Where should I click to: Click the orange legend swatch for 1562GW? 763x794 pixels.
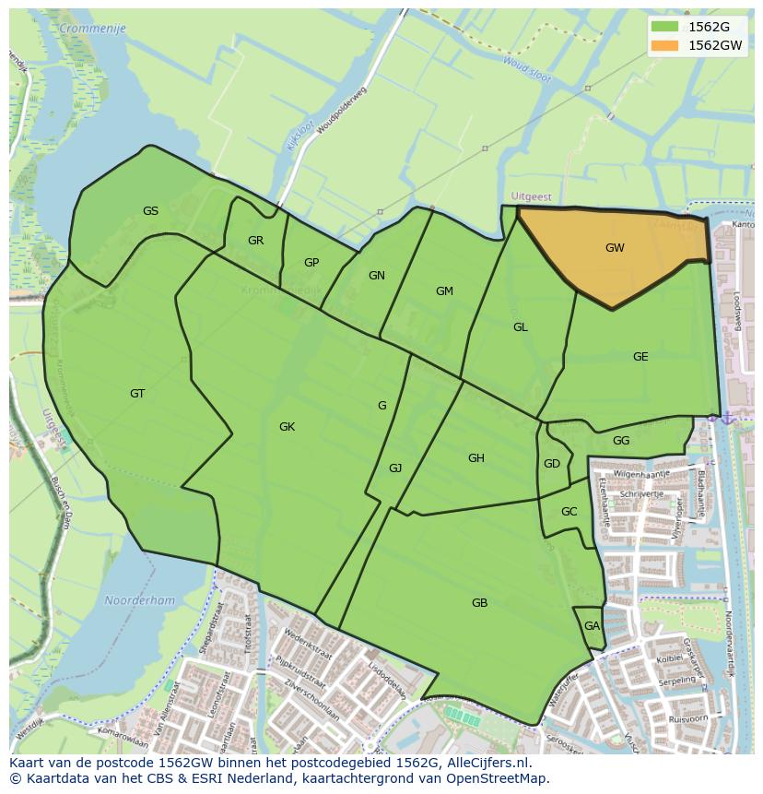pos(663,45)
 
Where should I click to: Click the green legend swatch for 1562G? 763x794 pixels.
pos(663,26)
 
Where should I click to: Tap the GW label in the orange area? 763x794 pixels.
pos(615,248)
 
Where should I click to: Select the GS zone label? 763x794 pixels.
pos(150,211)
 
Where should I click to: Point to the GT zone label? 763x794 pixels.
pos(137,394)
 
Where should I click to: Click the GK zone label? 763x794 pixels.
pos(287,427)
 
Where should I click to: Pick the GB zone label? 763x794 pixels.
pos(479,603)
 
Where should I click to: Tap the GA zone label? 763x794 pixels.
pos(592,626)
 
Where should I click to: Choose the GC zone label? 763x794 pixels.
pos(569,512)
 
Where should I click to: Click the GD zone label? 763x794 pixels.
pos(552,464)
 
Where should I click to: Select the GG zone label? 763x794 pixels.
pos(621,441)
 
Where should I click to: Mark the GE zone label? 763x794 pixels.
pos(640,357)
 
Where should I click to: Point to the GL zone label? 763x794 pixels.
pos(521,327)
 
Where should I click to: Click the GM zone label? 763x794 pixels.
pos(444,291)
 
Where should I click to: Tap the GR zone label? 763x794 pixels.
pos(255,241)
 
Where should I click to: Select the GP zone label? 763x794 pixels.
pos(311,263)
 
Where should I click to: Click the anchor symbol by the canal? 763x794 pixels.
pos(728,419)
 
